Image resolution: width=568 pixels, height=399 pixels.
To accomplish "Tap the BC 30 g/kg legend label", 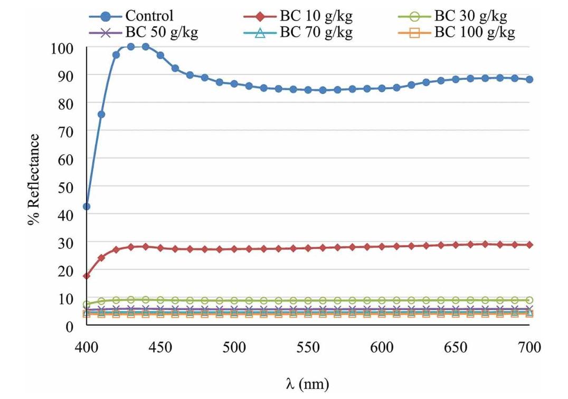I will (470, 16).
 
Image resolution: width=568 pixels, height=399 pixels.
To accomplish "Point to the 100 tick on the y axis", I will (62, 48).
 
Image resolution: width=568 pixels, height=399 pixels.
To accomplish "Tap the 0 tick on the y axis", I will (69, 326).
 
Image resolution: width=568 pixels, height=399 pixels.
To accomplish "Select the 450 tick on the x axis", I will (160, 347).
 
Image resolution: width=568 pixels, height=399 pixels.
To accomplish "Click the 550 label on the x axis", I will (308, 347).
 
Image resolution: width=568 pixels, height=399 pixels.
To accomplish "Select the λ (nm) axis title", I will (307, 384).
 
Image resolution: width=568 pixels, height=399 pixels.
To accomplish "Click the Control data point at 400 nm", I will (87, 207).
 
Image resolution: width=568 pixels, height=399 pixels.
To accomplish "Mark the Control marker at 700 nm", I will (529, 79).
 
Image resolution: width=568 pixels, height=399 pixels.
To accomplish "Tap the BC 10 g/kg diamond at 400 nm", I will (87, 276).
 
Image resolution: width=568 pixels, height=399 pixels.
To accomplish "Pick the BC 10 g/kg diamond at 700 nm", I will (529, 245).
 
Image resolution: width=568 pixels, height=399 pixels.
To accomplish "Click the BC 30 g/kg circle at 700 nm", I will (529, 300).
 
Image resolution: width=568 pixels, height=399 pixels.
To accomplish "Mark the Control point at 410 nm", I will (101, 114).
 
